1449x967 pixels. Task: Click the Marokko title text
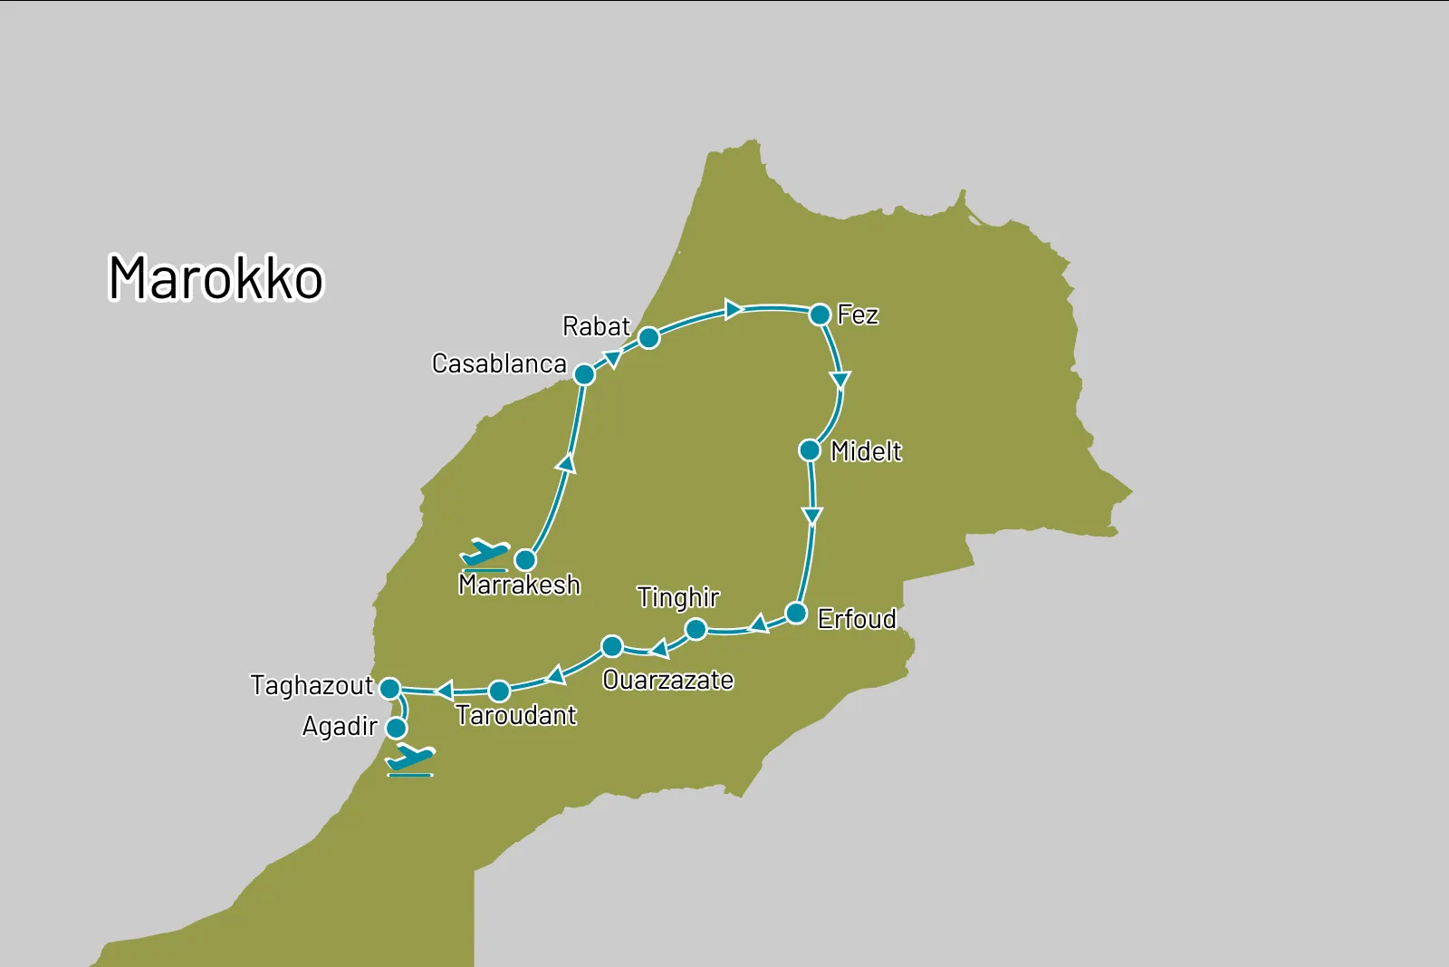(x=216, y=277)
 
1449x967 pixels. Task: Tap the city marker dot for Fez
(x=820, y=314)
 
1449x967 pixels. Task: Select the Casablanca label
(x=499, y=363)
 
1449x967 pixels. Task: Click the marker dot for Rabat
(x=648, y=338)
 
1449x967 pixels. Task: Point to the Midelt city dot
(x=810, y=450)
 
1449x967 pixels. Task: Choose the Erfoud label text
(x=857, y=619)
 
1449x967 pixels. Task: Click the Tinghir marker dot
(x=696, y=629)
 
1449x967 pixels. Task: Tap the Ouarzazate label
(x=668, y=680)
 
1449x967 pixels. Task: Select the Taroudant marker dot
(x=499, y=691)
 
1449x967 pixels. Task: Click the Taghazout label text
(x=312, y=685)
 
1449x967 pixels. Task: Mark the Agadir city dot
(x=396, y=728)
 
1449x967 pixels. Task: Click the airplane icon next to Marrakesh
(x=485, y=553)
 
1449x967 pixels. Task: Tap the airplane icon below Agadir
(x=410, y=759)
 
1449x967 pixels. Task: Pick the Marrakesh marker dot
(x=525, y=559)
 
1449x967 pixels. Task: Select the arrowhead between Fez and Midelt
(x=840, y=379)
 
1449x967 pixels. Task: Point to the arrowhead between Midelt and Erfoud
(x=812, y=516)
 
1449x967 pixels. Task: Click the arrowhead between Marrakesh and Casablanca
(x=567, y=464)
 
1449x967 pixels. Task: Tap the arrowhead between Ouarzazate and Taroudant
(x=556, y=675)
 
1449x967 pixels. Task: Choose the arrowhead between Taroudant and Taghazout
(x=444, y=691)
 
